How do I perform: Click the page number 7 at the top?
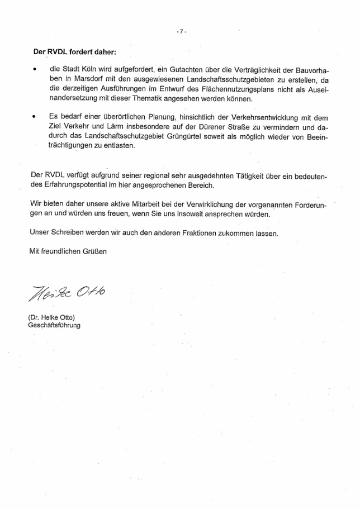click(x=181, y=32)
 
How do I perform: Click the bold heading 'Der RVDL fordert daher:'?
click(x=74, y=53)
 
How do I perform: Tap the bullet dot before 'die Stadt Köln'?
click(x=35, y=70)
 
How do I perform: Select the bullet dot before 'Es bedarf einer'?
click(x=35, y=118)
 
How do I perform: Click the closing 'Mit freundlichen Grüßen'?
click(x=68, y=251)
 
